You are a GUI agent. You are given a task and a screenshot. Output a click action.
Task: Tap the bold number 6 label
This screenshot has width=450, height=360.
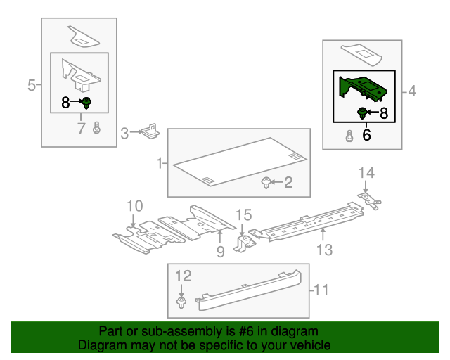coord(366,134)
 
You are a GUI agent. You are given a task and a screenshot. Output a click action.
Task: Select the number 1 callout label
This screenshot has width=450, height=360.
coord(160,164)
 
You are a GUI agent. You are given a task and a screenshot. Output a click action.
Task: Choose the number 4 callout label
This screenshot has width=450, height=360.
coord(412,91)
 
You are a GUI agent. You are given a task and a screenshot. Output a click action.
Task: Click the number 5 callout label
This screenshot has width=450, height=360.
coord(31,86)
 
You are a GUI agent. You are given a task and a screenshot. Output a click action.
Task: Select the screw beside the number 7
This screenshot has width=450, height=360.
coord(97,129)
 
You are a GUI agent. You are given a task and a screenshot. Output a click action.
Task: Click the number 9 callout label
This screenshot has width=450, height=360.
coord(220,250)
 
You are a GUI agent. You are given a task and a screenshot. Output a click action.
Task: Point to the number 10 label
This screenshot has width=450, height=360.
coord(134,206)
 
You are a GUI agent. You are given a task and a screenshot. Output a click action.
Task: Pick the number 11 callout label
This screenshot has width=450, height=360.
coord(321,288)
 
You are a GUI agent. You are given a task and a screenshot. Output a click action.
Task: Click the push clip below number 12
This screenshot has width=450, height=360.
coord(182,304)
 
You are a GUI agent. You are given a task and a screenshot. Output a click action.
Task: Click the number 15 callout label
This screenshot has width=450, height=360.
coord(243,214)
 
